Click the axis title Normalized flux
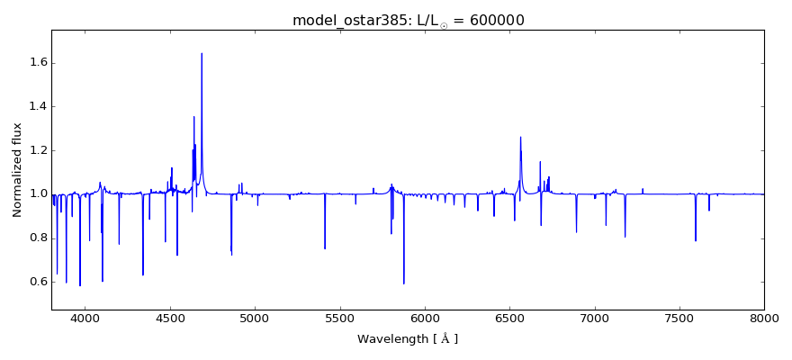pos(17,170)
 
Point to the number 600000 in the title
pos(494,20)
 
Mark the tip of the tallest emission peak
pos(202,53)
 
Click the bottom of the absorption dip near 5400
pos(325,249)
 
